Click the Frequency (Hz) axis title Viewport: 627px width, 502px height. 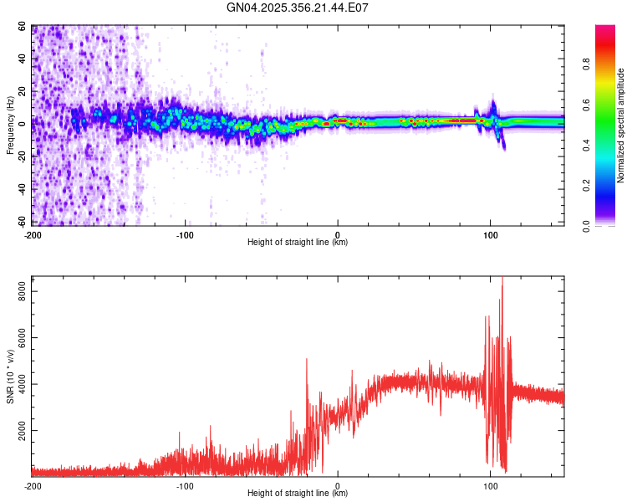pos(10,125)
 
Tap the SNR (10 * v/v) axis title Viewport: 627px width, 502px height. pos(10,377)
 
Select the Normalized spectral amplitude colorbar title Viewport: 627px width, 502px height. pos(621,125)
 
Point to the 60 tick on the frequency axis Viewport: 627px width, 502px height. pos(23,27)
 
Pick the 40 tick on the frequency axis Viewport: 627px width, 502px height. pos(23,59)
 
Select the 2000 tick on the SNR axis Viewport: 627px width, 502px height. pos(18,431)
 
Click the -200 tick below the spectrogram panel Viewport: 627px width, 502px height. pos(33,234)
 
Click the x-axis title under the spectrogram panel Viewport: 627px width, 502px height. pos(298,243)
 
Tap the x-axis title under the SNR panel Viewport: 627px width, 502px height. pos(298,494)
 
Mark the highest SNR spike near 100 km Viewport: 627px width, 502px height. pos(502,278)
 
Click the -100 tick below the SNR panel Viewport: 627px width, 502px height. pos(185,485)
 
